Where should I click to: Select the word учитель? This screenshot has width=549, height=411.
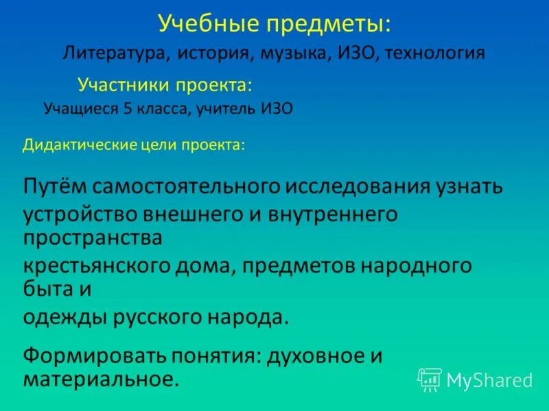[226, 108]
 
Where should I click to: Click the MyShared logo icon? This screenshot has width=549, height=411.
[430, 379]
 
